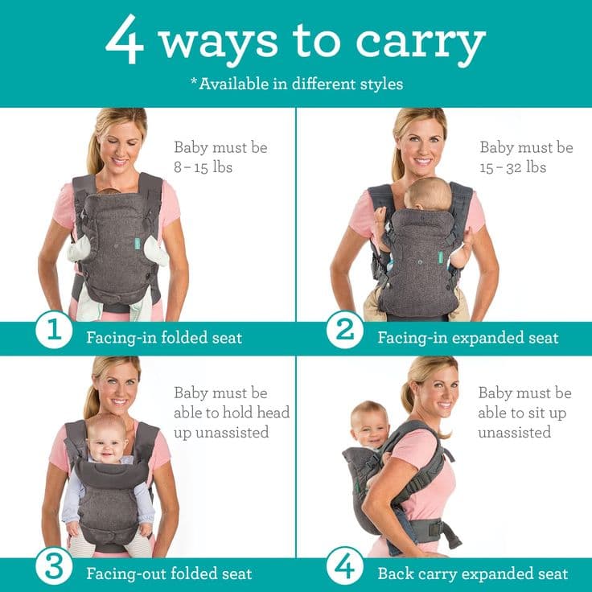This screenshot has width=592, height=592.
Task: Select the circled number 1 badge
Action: (x=53, y=331)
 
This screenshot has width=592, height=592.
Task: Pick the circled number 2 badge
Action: (x=344, y=331)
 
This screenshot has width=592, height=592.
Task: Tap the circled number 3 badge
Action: (x=53, y=568)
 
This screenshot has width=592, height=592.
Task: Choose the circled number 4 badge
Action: (x=344, y=568)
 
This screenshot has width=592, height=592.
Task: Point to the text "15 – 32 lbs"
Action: (x=513, y=167)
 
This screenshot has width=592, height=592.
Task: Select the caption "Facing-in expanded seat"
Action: (x=467, y=337)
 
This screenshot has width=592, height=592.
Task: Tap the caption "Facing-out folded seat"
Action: (x=169, y=573)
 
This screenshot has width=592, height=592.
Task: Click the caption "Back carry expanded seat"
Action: (x=473, y=573)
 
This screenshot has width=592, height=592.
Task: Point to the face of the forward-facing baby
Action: (x=107, y=439)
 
